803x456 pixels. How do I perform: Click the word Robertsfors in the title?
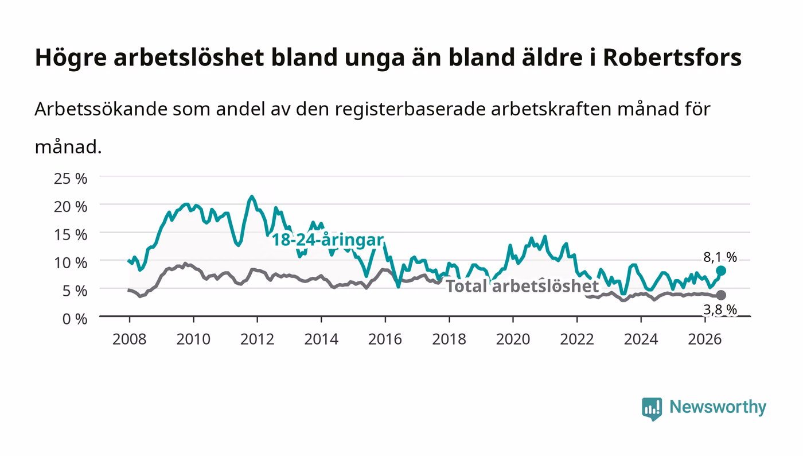672,57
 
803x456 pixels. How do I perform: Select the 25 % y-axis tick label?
71,179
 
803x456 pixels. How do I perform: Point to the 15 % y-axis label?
71,235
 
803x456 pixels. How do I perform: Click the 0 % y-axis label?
75,319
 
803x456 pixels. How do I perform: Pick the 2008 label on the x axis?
130,339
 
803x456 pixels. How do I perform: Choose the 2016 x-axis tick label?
385,339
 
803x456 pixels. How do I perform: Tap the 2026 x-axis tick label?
705,339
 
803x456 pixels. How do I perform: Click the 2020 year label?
513,339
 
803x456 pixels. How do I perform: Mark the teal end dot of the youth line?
721,270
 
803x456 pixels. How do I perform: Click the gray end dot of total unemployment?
721,295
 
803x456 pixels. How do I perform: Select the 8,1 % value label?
720,257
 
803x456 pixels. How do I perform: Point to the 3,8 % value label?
720,310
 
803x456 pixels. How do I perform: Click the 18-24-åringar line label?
328,240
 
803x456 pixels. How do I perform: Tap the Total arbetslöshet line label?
523,286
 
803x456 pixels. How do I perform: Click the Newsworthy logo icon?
652,409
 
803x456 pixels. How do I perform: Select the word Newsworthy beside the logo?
718,407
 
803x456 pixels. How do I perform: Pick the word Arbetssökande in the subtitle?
101,109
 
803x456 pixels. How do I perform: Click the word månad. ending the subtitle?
68,146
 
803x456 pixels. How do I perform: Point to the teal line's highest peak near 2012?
251,196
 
